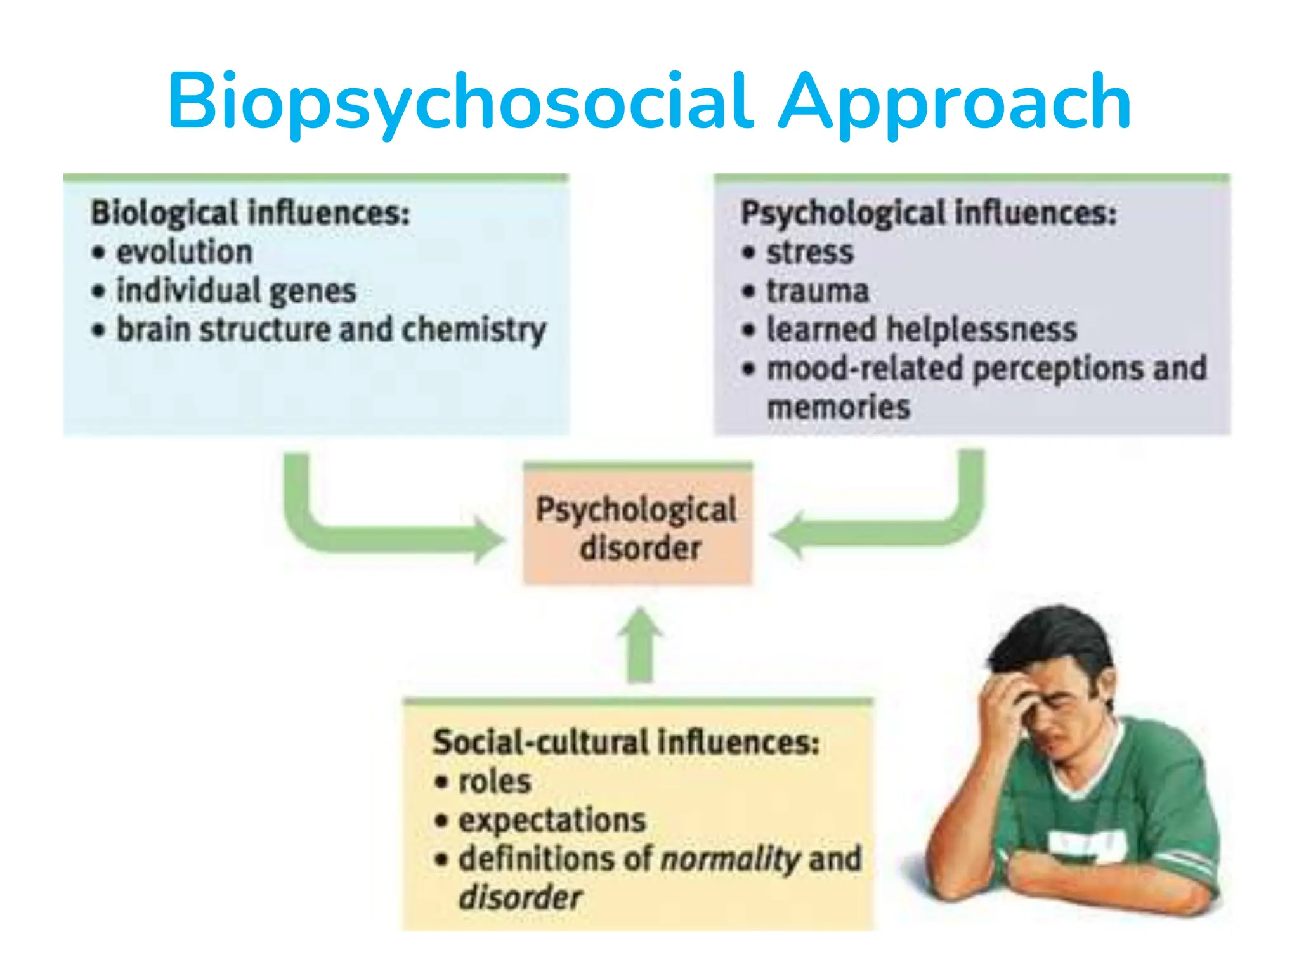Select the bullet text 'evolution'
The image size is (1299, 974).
[x=185, y=252]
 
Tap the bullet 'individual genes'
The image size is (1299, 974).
[x=236, y=291]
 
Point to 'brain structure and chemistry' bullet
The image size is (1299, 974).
[x=331, y=330]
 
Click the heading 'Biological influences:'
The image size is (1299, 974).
[x=251, y=213]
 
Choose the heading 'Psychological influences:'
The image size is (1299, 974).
[x=929, y=213]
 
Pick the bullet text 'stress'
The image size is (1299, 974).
[x=810, y=252]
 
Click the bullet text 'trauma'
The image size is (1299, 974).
[x=818, y=291]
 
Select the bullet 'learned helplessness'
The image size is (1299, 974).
[x=922, y=330]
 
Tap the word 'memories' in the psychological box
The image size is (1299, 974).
[x=839, y=407]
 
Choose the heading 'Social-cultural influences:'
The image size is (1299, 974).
[x=626, y=743]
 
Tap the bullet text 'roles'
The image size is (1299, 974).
[x=495, y=781]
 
